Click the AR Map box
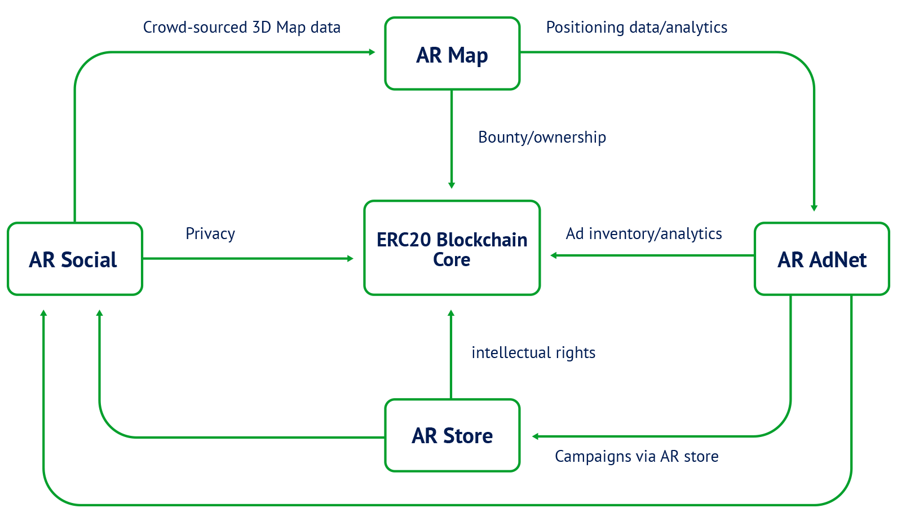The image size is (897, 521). coord(452,54)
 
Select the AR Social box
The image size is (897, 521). coord(74,259)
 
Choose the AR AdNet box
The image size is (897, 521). coord(821,259)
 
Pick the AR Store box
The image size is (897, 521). coord(452,435)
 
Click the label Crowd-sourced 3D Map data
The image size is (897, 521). coord(241,27)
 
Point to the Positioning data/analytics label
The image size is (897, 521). coord(637,27)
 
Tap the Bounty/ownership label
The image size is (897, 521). coord(542,137)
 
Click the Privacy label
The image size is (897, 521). coord(210,233)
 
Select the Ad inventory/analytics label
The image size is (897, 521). coord(644,233)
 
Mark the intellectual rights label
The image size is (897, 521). coord(533,352)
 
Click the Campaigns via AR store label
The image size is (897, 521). coord(637,456)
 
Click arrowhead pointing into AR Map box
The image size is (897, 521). coord(372,52)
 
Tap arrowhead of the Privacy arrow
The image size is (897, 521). coord(351,258)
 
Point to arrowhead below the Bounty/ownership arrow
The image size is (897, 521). coord(451,185)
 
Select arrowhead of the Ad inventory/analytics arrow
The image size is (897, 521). coord(554,255)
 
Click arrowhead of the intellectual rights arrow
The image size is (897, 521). coord(450,313)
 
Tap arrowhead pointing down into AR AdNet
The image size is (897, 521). coord(814,208)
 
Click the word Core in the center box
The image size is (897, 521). coord(452,260)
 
